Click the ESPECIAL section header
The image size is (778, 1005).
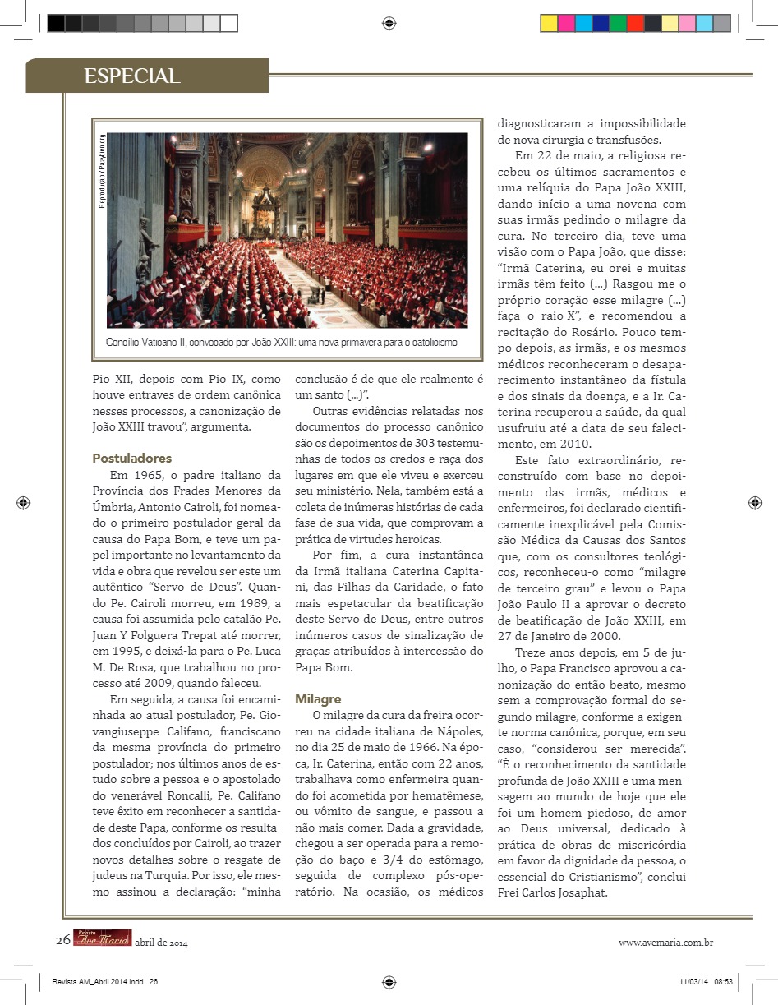coord(131,76)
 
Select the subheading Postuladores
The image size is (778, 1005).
coord(131,458)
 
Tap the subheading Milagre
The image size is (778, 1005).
coord(318,698)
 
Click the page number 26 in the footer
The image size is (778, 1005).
coord(63,942)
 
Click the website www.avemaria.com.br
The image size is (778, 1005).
coord(665,943)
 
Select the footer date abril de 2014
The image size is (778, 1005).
coord(161,943)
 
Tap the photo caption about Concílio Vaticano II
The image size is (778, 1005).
coord(281,341)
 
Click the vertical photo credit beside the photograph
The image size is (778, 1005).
coord(102,172)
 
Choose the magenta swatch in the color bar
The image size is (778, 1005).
coord(566,23)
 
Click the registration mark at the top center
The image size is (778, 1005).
coord(389,23)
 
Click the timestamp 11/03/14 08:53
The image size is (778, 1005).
coord(706,981)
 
